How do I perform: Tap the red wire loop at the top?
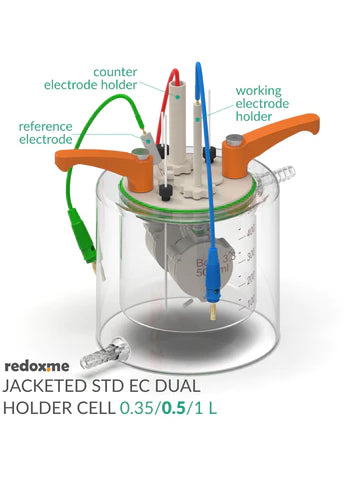pyautogui.click(x=174, y=80)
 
